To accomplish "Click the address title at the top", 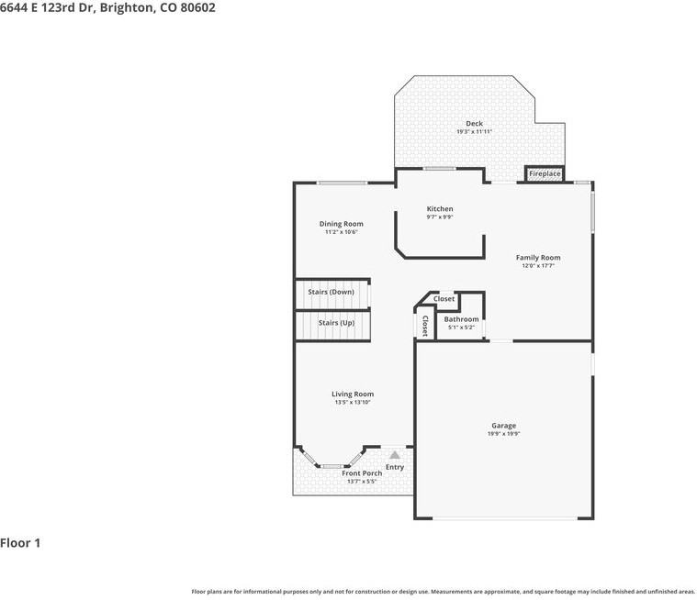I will [x=108, y=7].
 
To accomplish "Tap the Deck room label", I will [x=474, y=124].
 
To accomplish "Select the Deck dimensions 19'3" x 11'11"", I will [x=474, y=132].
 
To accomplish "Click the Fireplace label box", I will [x=545, y=173].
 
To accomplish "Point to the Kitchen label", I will [x=440, y=209].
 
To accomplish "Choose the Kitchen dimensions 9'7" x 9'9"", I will [x=440, y=217].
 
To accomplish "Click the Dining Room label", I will [x=341, y=224].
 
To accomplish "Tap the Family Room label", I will [x=538, y=258].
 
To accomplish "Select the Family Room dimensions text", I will [x=538, y=266].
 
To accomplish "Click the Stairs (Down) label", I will [x=331, y=292].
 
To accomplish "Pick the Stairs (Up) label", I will [x=336, y=323].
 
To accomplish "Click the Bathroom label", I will [x=461, y=319].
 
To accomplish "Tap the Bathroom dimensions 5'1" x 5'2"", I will [x=461, y=328].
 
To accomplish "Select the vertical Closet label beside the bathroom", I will [x=424, y=326].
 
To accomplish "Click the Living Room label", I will [x=353, y=394].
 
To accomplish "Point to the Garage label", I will [x=503, y=426].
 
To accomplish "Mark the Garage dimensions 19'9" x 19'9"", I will [x=503, y=434].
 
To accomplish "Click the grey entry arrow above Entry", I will [x=395, y=454].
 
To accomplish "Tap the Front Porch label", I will [x=362, y=473].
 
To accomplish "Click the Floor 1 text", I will [x=20, y=543].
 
